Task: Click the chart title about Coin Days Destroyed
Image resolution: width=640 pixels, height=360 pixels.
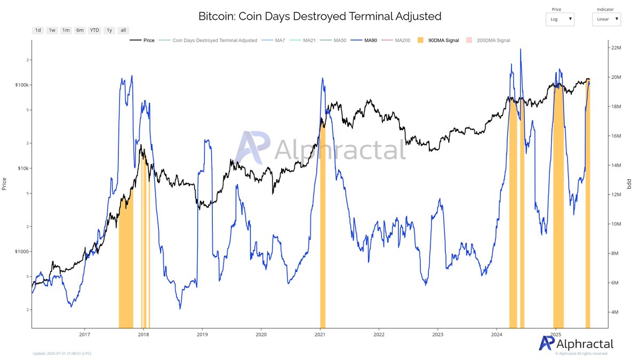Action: (319, 16)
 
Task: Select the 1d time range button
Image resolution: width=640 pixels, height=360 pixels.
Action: (38, 30)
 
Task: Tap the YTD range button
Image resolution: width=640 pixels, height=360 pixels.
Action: (94, 30)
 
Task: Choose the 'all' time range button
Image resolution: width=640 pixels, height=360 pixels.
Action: (123, 30)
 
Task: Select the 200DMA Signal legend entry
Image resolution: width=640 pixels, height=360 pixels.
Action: (487, 41)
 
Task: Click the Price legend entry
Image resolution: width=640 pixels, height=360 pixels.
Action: (143, 41)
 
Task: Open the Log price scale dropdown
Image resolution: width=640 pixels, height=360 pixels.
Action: (560, 19)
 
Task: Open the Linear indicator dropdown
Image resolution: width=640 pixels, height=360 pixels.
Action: (606, 19)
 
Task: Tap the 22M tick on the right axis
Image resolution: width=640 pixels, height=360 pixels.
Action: (615, 48)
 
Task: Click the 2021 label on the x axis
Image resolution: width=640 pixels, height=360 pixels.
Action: (320, 334)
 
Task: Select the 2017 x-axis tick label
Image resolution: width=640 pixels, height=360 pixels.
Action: (84, 334)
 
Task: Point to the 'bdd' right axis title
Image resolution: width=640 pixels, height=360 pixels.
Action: (629, 184)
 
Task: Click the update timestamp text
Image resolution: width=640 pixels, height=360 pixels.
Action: (62, 353)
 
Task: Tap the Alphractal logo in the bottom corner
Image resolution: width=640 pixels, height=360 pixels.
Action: (576, 343)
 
